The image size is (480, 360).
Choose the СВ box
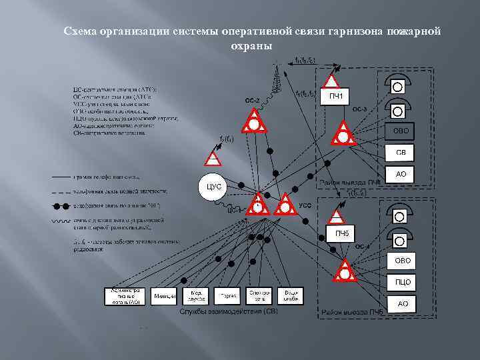[x=401, y=153]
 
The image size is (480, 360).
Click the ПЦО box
[x=403, y=282]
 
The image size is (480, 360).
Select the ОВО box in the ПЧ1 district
[x=401, y=131]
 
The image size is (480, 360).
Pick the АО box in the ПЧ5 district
[x=403, y=304]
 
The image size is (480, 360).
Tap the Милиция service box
[x=165, y=296]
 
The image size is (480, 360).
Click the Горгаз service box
[x=226, y=296]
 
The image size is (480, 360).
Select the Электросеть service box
[x=258, y=296]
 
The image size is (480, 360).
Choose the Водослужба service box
[x=290, y=296]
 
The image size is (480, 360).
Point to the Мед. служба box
[x=196, y=296]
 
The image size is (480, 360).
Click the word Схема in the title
[x=79, y=31]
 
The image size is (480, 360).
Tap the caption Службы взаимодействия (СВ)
[x=228, y=311]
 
